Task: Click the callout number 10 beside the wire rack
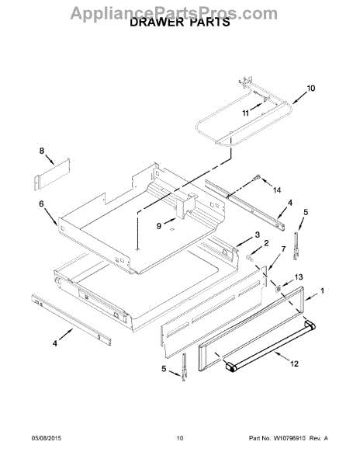[x=311, y=89]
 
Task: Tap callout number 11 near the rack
[x=246, y=113]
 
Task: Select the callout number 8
[x=42, y=151]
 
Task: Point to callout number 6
[x=41, y=203]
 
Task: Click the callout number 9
[x=159, y=226]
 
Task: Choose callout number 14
[x=277, y=190]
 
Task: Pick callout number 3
[x=257, y=235]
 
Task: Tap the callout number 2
[x=266, y=243]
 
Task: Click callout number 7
[x=283, y=249]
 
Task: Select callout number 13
[x=299, y=277]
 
